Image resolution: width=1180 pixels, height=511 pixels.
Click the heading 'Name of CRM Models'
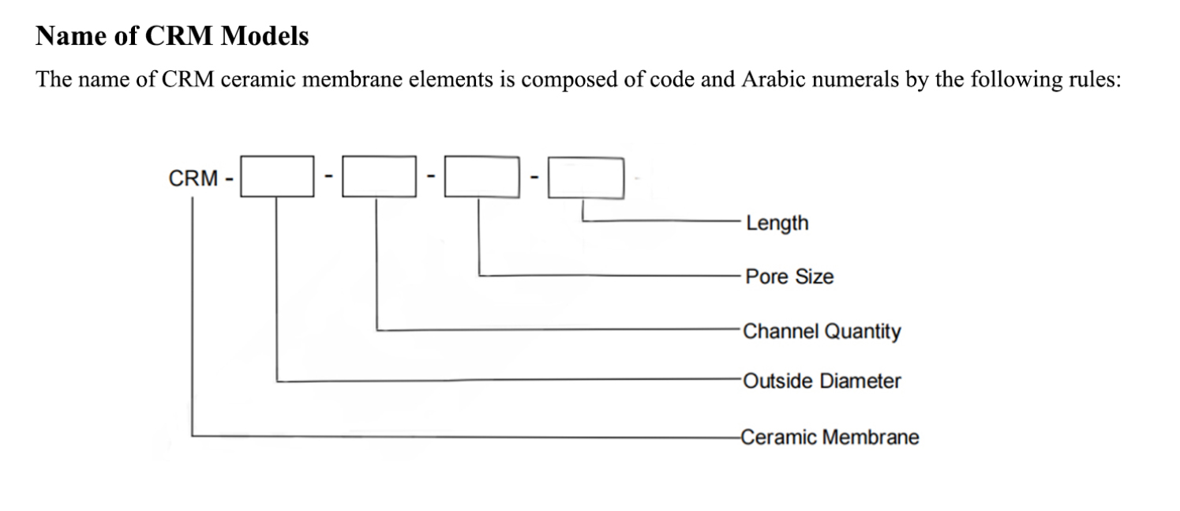(172, 36)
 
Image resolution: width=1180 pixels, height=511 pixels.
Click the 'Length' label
(777, 223)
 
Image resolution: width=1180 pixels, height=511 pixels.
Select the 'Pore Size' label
(789, 276)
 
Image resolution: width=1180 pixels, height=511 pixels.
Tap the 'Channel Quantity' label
(822, 331)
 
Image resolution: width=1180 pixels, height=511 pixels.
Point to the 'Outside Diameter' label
(822, 381)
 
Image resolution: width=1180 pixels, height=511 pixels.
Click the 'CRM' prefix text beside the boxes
(193, 178)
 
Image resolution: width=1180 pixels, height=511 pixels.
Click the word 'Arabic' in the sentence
(770, 81)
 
